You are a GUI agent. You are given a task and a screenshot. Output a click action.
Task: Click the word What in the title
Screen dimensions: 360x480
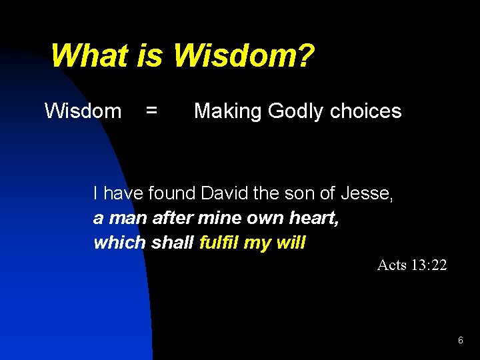tap(92, 56)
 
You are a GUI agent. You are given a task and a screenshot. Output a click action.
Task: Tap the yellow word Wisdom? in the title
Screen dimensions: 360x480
tap(243, 56)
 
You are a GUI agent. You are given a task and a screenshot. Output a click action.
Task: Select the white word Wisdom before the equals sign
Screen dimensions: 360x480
tap(83, 111)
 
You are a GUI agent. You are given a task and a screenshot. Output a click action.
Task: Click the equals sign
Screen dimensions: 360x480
tap(152, 111)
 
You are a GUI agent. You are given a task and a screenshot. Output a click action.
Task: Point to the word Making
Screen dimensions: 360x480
tap(229, 111)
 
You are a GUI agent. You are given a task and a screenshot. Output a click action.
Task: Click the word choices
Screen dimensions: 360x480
tap(365, 111)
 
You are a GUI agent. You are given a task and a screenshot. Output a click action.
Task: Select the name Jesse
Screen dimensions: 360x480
tap(366, 194)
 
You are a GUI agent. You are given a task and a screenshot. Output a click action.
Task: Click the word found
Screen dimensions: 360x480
tap(172, 194)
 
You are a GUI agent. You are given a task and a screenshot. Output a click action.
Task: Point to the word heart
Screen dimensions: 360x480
tap(317, 218)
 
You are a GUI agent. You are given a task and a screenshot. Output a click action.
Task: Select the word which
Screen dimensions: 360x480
tap(120, 243)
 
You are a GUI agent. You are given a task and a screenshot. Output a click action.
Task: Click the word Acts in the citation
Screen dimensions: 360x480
tap(391, 265)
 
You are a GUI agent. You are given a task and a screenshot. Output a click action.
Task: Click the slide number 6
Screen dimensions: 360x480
tap(460, 341)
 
